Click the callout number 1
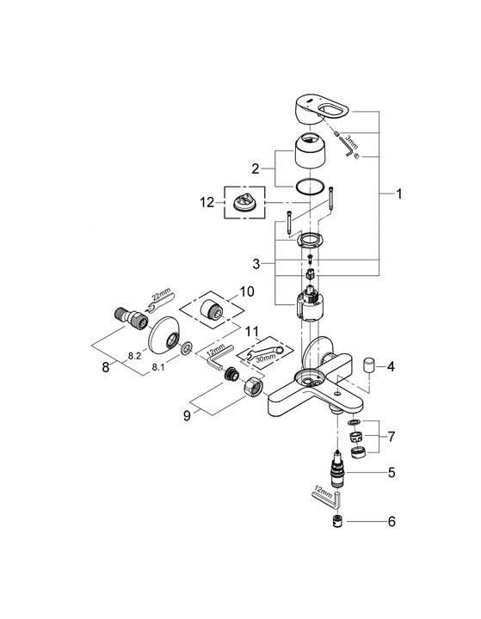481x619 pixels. point(398,194)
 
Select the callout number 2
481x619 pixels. point(256,169)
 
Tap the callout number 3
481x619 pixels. point(256,262)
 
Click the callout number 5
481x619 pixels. point(391,471)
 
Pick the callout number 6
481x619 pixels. point(391,521)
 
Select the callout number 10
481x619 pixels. point(247,292)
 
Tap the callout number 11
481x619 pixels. point(251,331)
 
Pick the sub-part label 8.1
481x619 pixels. point(160,367)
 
